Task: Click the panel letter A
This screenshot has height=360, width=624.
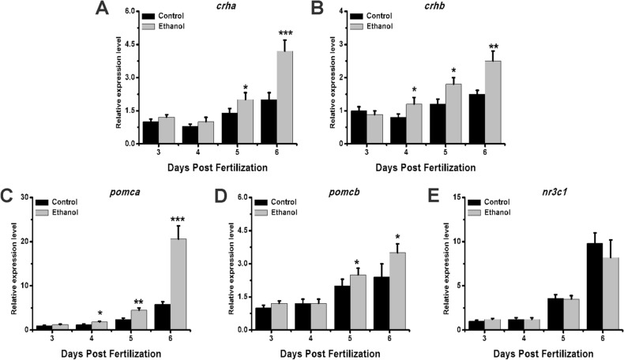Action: (101, 9)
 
